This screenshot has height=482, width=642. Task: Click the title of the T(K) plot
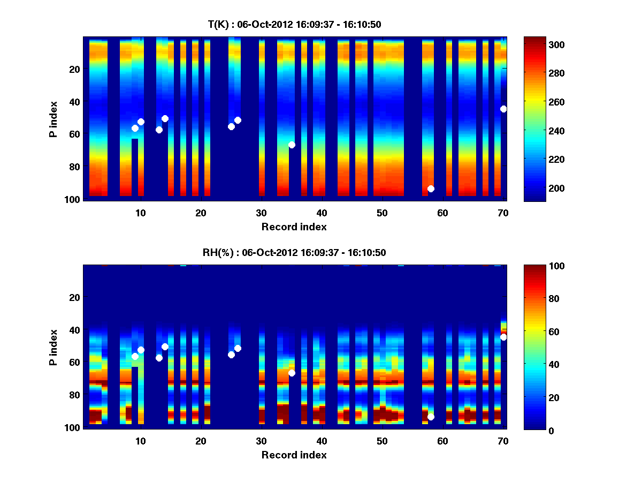click(x=294, y=25)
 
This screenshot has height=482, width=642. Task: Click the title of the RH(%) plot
click(x=294, y=253)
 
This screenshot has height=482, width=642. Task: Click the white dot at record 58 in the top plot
click(x=431, y=189)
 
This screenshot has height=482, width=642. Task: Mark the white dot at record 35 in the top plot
click(x=292, y=145)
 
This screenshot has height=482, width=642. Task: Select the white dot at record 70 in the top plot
click(x=503, y=109)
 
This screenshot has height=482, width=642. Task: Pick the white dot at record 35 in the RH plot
click(x=292, y=373)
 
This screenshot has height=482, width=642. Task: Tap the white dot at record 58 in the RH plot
click(x=431, y=417)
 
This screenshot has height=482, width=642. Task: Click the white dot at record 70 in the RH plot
click(x=503, y=337)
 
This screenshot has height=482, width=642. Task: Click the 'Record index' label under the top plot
click(x=294, y=227)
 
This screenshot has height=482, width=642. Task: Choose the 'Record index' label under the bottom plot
click(x=294, y=455)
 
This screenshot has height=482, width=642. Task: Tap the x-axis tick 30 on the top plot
click(x=261, y=213)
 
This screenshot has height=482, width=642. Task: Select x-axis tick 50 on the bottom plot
click(x=382, y=441)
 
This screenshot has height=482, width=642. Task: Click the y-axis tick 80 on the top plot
click(x=74, y=167)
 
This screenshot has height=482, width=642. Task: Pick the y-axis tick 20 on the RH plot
click(x=74, y=297)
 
